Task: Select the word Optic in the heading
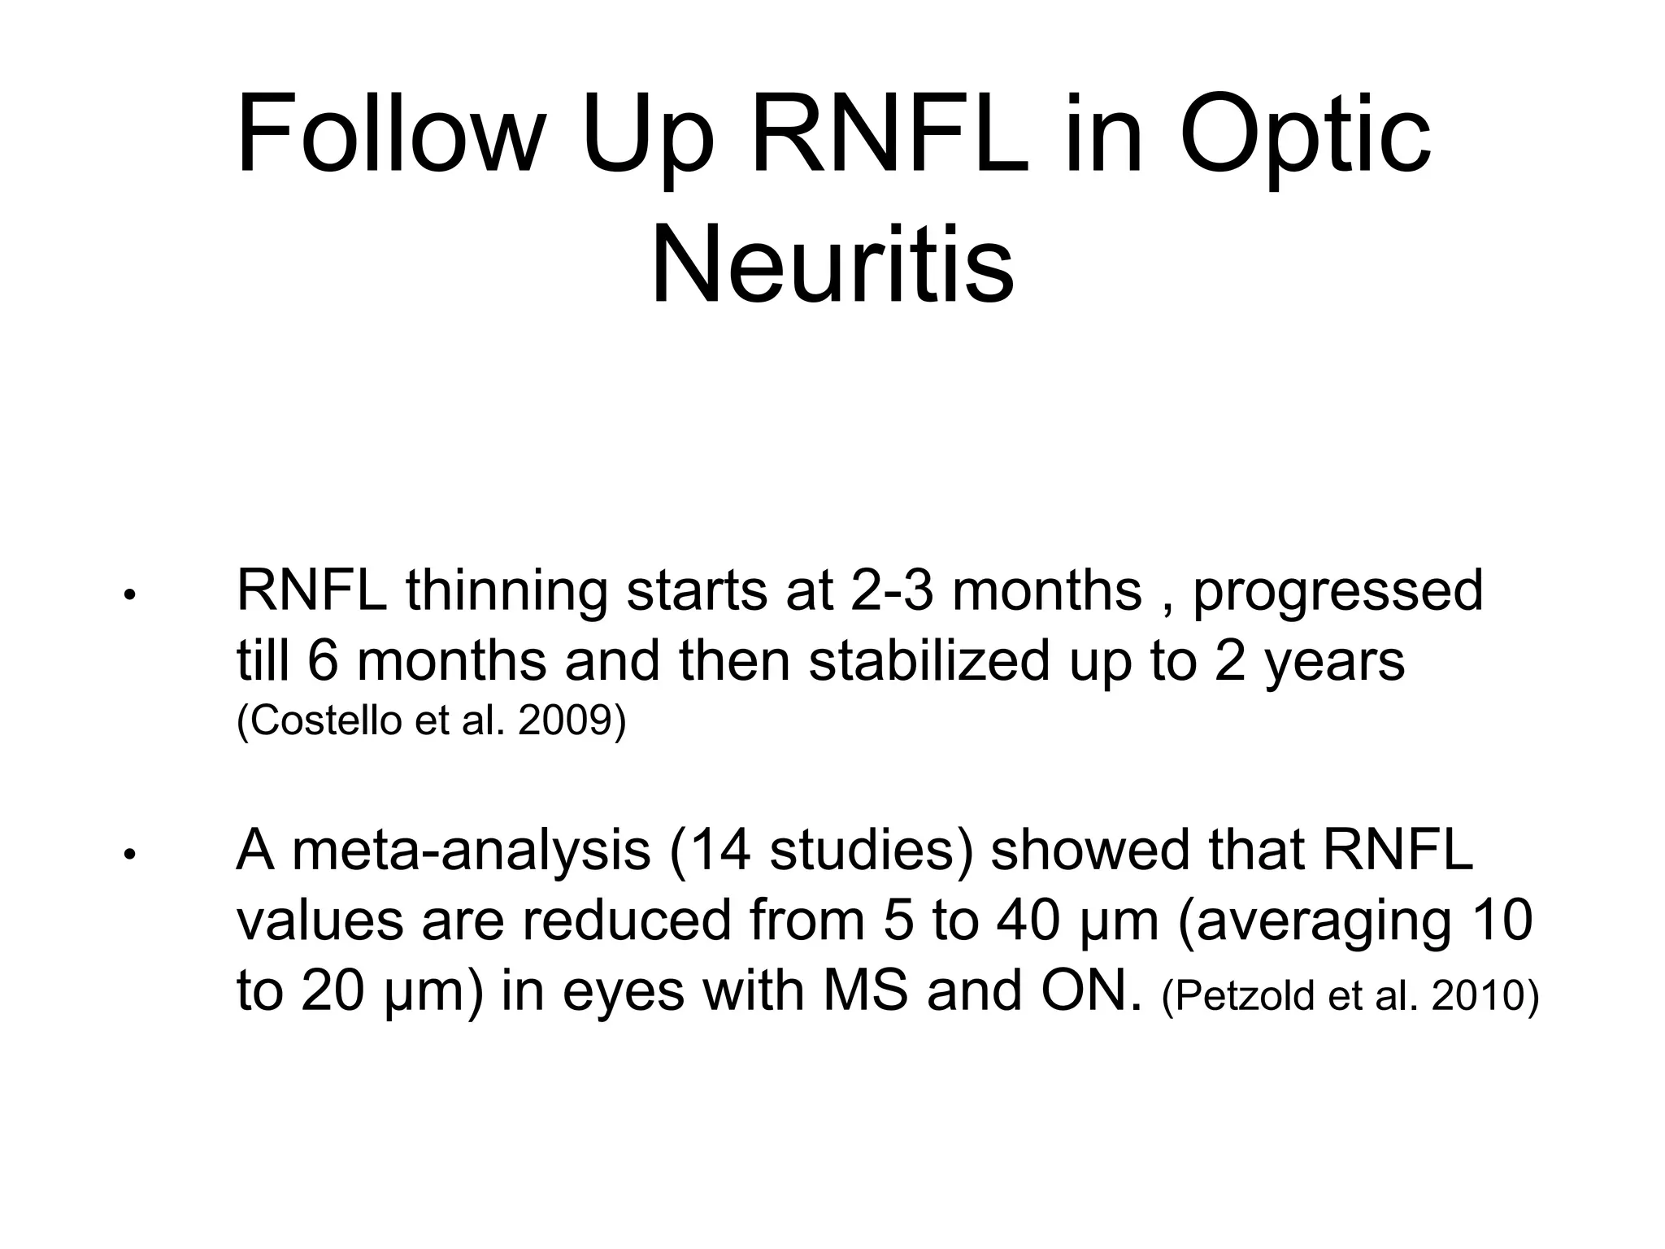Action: [1304, 135]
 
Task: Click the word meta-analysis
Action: [472, 851]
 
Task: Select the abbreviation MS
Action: [865, 992]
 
